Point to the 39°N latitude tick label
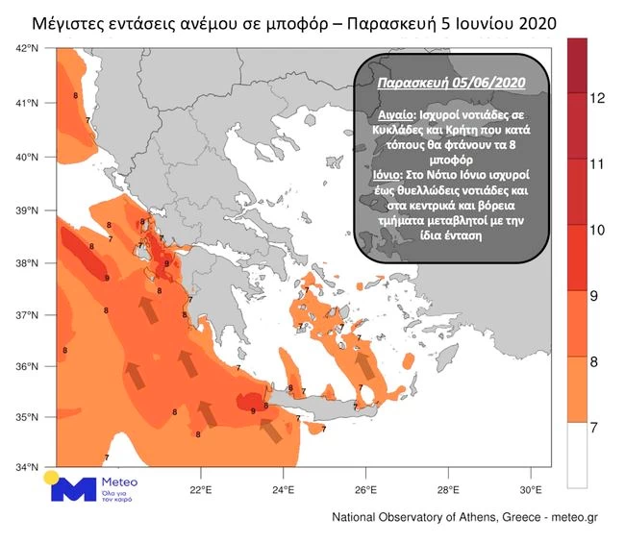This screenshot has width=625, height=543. point(27,210)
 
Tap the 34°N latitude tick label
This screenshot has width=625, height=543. point(27,468)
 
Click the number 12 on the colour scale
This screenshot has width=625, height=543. point(596,98)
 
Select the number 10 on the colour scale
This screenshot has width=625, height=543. point(596,230)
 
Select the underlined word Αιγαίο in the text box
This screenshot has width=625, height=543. point(391,113)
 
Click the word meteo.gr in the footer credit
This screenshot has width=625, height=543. point(572,517)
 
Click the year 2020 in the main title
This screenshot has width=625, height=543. point(535,20)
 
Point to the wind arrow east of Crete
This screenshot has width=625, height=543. point(365,365)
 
